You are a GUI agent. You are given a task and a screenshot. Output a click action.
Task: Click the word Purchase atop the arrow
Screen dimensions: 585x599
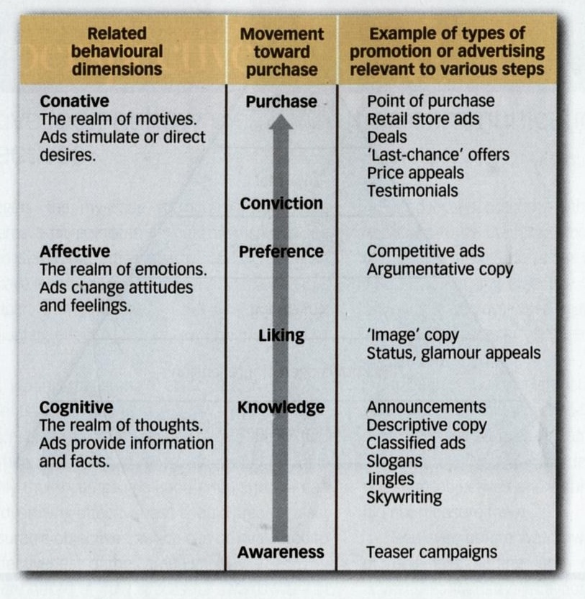tap(281, 101)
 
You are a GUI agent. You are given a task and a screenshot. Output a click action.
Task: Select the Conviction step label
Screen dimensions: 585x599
tap(281, 204)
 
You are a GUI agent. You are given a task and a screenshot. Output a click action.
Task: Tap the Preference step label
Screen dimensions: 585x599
tap(281, 252)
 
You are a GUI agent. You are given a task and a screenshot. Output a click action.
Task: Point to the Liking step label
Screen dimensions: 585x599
tap(281, 335)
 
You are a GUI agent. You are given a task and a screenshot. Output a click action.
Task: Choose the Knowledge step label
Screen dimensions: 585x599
tap(281, 408)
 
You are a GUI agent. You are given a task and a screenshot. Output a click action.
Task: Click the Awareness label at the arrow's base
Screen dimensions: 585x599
tap(281, 552)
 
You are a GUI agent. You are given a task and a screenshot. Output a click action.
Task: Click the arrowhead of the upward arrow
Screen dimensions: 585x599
tap(281, 124)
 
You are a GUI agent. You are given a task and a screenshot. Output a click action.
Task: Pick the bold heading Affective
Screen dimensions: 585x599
tap(75, 252)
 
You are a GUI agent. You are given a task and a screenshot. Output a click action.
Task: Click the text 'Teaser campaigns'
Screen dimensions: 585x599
tap(431, 552)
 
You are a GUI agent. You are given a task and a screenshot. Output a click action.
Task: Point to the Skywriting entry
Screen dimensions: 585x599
tap(404, 497)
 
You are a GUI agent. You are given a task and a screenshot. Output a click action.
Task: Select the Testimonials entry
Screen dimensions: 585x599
tap(412, 191)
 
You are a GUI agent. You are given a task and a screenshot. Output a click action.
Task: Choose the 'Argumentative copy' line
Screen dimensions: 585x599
tap(440, 270)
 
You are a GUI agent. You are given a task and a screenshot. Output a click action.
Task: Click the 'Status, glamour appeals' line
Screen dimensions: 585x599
tap(453, 353)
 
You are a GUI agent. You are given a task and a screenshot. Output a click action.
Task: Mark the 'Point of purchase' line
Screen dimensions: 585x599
tap(430, 101)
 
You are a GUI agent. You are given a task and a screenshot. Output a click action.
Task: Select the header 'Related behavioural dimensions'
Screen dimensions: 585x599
tap(116, 52)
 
